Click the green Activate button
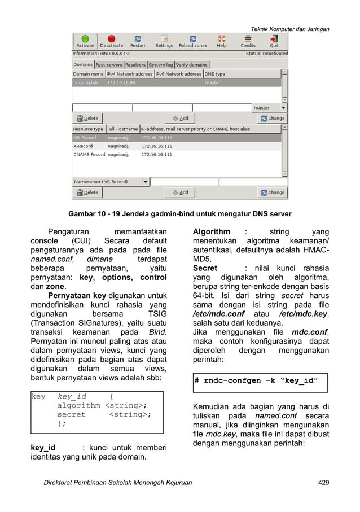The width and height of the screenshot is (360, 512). [x=85, y=41]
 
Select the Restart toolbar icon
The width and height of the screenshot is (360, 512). [x=138, y=41]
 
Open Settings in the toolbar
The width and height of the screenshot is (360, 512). [x=164, y=41]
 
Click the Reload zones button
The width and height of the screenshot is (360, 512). [x=193, y=41]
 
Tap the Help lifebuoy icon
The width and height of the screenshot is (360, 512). [x=222, y=41]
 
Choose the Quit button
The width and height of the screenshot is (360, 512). [x=274, y=41]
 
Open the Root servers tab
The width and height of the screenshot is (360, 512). [x=109, y=65]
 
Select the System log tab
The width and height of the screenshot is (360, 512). [x=161, y=65]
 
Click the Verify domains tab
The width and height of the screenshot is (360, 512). [x=192, y=65]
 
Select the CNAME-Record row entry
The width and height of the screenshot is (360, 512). [x=89, y=154]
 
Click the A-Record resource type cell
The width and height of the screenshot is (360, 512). [x=83, y=146]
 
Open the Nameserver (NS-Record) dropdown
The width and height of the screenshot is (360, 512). [x=145, y=182]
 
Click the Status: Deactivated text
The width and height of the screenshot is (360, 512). [x=266, y=54]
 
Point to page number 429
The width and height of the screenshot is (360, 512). [x=323, y=483]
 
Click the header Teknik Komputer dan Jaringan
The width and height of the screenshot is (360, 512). [x=290, y=29]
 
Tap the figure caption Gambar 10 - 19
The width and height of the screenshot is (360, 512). [x=179, y=214]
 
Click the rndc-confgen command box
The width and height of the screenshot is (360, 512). [x=260, y=381]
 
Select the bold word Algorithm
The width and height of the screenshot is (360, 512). [x=212, y=231]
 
